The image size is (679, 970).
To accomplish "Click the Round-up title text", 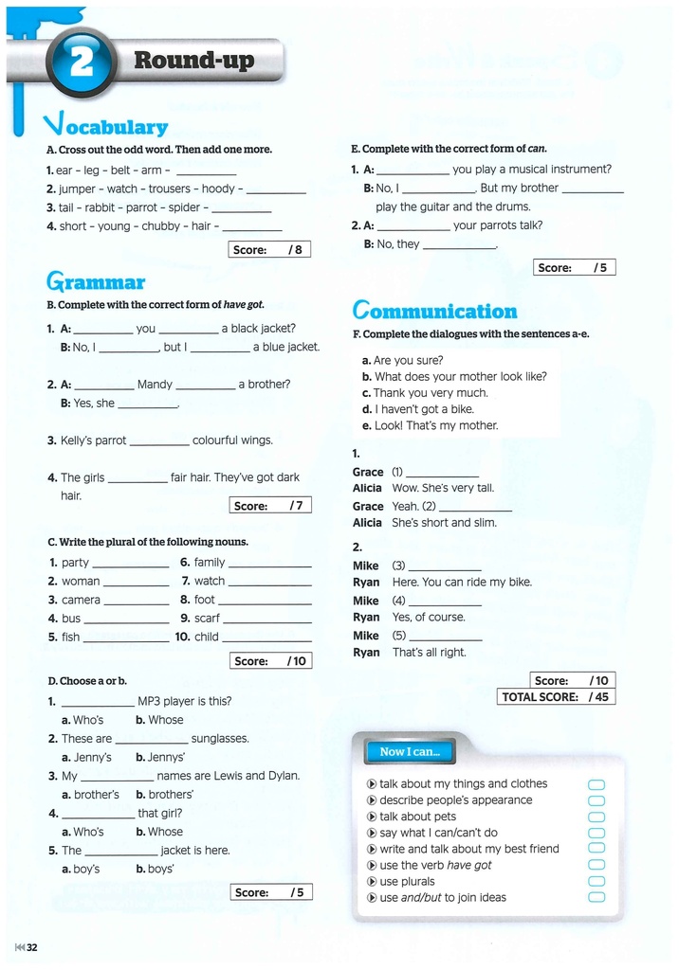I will pos(194,61).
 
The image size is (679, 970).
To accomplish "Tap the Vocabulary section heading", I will pos(106,125).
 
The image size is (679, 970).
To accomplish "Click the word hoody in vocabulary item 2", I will pos(218,189).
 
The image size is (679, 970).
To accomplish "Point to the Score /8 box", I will pos(269,249).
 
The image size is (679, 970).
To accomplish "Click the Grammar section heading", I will pos(96,281).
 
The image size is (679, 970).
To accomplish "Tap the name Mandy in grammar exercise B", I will pos(155,385).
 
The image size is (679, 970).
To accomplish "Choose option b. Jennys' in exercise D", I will pos(160,757).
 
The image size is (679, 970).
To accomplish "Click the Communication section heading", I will pos(434,311).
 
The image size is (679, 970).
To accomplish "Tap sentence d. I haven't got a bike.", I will pos(418,409).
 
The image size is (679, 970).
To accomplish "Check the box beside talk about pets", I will pos(596,817).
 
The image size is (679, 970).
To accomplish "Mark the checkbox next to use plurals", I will pos(596,881).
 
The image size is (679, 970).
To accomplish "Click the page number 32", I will pos(31,947).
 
